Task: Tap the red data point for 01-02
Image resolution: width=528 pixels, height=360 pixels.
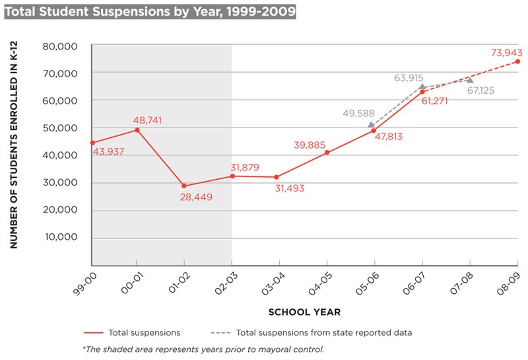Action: click(184, 186)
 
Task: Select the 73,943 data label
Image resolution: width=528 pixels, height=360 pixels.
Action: click(506, 52)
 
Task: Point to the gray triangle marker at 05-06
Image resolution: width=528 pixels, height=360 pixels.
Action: click(372, 124)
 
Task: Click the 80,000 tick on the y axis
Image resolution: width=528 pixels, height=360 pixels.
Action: click(60, 46)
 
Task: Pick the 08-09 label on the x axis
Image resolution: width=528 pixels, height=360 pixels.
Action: click(509, 281)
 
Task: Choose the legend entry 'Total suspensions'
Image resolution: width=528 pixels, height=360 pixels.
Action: click(132, 332)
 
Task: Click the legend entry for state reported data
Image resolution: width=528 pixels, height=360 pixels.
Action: click(311, 332)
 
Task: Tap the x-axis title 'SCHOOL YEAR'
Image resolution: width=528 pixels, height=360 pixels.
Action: click(304, 310)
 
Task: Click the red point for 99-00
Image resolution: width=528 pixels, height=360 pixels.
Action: click(92, 143)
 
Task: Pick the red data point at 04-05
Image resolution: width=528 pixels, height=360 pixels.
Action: click(327, 153)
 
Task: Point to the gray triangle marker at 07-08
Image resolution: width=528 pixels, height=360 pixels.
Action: click(469, 80)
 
